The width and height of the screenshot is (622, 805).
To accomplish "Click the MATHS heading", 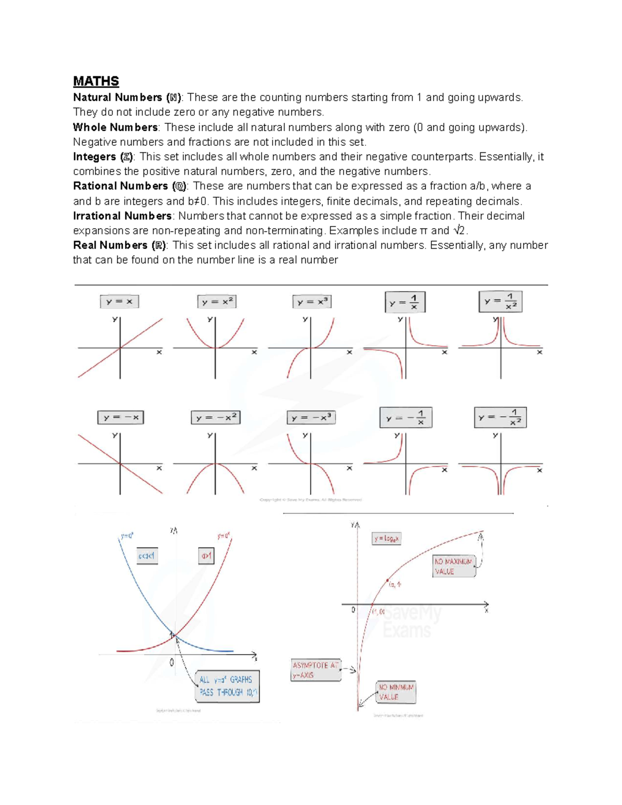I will [x=96, y=81].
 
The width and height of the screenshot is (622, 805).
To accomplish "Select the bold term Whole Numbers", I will [x=115, y=128].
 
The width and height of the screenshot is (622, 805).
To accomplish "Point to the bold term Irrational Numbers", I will [x=122, y=216].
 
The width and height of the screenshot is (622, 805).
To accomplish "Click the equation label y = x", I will [x=120, y=302].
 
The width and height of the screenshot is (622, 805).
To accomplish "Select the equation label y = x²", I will [x=217, y=302].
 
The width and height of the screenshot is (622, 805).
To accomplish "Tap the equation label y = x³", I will [x=312, y=302].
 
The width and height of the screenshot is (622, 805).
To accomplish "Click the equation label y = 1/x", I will [x=405, y=302].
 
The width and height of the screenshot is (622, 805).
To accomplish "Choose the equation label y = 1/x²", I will [x=500, y=302].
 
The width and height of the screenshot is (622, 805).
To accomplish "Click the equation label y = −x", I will [x=121, y=417].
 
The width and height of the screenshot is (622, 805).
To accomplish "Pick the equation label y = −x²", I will [x=216, y=417].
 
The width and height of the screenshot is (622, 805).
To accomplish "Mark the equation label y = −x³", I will [x=311, y=417].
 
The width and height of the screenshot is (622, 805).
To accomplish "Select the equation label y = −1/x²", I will [x=500, y=417].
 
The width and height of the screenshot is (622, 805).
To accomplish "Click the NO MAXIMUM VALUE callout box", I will [x=454, y=567].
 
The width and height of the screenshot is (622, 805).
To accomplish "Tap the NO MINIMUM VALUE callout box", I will [x=396, y=692].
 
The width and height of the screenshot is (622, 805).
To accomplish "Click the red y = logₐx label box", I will [x=387, y=539].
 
